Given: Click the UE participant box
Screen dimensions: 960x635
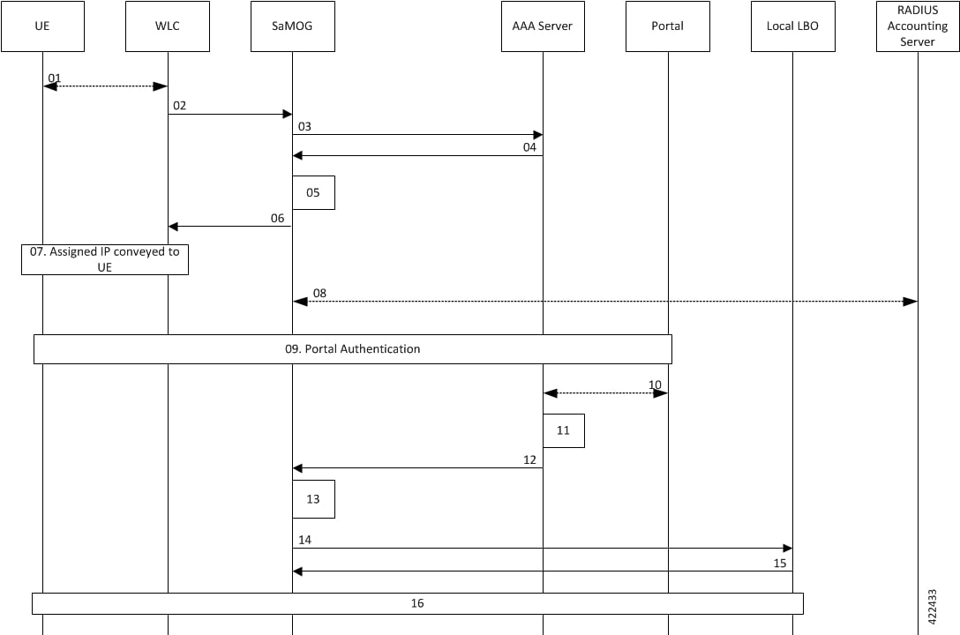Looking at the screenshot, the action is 43,26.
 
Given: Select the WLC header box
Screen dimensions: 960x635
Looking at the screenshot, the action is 168,26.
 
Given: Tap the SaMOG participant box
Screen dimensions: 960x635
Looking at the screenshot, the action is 293,26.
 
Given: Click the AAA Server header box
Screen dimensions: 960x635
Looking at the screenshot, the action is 543,26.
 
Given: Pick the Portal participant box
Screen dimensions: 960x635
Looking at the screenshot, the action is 668,26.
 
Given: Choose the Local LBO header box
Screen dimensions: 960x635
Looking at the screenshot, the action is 793,26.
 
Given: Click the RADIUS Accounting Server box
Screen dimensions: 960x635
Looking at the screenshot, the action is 918,26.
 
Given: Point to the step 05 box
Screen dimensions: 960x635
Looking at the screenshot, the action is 313,192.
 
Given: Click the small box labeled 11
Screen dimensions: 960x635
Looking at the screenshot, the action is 563,430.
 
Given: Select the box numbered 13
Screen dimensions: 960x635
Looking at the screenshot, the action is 313,499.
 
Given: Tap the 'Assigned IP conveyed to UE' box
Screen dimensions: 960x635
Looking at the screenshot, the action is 105,259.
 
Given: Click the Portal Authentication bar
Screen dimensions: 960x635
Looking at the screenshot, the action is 353,349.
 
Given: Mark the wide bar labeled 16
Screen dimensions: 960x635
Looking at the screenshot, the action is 417,603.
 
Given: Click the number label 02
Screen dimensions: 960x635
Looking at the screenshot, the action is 179,106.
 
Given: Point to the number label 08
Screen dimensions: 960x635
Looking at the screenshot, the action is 319,293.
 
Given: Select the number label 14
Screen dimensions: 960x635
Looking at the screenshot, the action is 305,540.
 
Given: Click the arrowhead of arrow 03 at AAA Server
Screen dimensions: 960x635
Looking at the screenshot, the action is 537,135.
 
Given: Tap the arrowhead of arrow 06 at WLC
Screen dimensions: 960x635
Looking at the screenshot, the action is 173,227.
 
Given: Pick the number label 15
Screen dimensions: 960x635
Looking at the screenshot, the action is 780,563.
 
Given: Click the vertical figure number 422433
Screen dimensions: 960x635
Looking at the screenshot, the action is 933,607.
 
